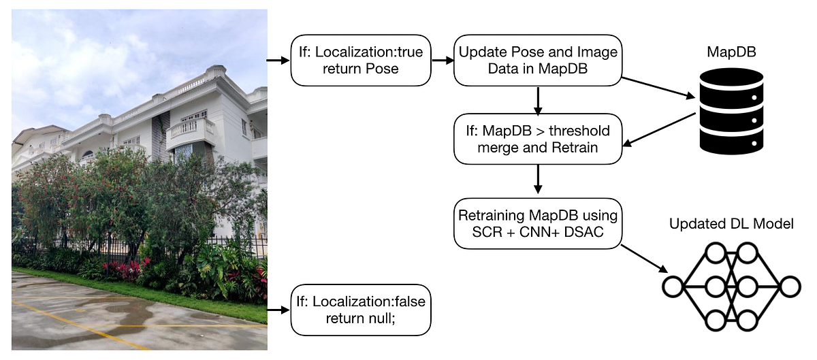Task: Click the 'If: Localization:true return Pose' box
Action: (x=362, y=60)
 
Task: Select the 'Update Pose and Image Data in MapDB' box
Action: (x=538, y=60)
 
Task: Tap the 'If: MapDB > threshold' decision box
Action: (x=538, y=139)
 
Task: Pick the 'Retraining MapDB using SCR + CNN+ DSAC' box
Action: (x=538, y=225)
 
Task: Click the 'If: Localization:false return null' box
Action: (x=362, y=310)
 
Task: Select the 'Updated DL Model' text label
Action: (x=731, y=224)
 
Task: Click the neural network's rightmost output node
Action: (x=790, y=286)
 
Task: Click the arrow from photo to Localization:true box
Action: (x=278, y=60)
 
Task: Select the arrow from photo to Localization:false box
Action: (x=278, y=310)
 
